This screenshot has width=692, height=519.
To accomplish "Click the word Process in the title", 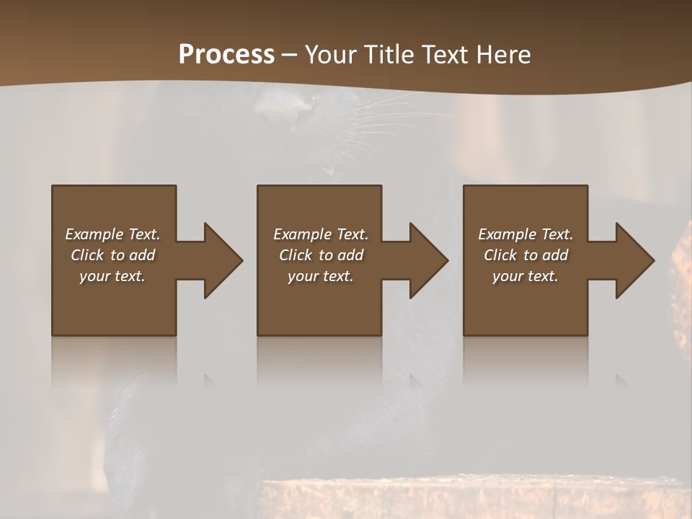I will coord(226,55).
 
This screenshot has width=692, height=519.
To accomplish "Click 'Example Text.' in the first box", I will coord(112,234).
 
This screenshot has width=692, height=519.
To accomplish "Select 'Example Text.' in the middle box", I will coord(321,234).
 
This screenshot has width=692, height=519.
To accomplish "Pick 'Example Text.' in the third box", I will coord(525,234).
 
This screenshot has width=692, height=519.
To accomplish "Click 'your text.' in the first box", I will coord(112,276).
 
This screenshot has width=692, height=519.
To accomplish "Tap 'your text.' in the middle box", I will coord(321,276).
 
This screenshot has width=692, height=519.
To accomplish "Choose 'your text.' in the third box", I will coord(525,276).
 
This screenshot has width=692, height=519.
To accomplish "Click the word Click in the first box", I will coord(87,255).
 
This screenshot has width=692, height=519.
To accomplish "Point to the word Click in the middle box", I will coord(296,255).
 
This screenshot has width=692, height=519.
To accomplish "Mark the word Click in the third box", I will coord(500,255).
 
